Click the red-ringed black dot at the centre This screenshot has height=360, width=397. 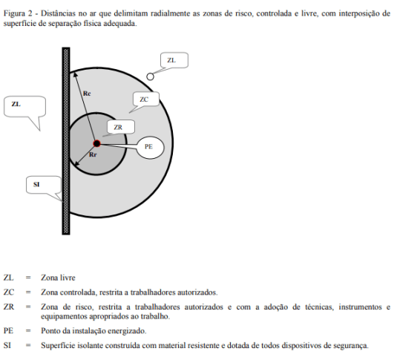pos(96,144)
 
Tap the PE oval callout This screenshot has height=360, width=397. pos(150,147)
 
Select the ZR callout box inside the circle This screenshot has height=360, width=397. pos(121,127)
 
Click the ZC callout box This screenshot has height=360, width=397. pos(146,99)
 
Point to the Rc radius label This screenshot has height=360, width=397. pos(87,94)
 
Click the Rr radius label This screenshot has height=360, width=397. pos(93,154)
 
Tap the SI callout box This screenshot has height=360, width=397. pos(43,185)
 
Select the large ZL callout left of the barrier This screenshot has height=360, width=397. pos(24,106)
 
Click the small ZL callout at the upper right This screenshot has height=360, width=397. pos(174,60)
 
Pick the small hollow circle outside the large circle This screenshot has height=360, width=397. pos(150,76)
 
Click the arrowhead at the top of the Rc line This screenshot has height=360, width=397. pos(75,74)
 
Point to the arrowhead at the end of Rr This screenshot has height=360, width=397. pos(76,164)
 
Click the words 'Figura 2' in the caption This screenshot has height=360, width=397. pos(18,13)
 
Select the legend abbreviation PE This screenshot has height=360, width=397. pos(8,331)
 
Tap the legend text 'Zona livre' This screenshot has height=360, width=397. pos(58,278)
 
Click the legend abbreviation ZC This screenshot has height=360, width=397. pos(9,292)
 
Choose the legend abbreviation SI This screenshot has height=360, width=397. pos(7,345)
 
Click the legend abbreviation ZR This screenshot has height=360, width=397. pos(9,307)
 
